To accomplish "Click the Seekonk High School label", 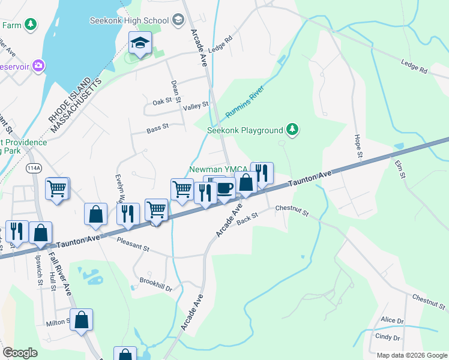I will pos(129,20).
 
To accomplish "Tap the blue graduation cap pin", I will pos(140,43).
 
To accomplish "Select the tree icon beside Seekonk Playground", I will pos(292,130).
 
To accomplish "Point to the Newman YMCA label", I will pos(218,170).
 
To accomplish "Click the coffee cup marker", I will pos(224,188).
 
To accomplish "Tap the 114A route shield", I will pos(34,169).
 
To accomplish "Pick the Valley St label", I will pos(196,104).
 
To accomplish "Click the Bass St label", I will pos(158,128).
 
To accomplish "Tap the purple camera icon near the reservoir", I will pos(39,65).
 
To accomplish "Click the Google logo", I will pos(20,353).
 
